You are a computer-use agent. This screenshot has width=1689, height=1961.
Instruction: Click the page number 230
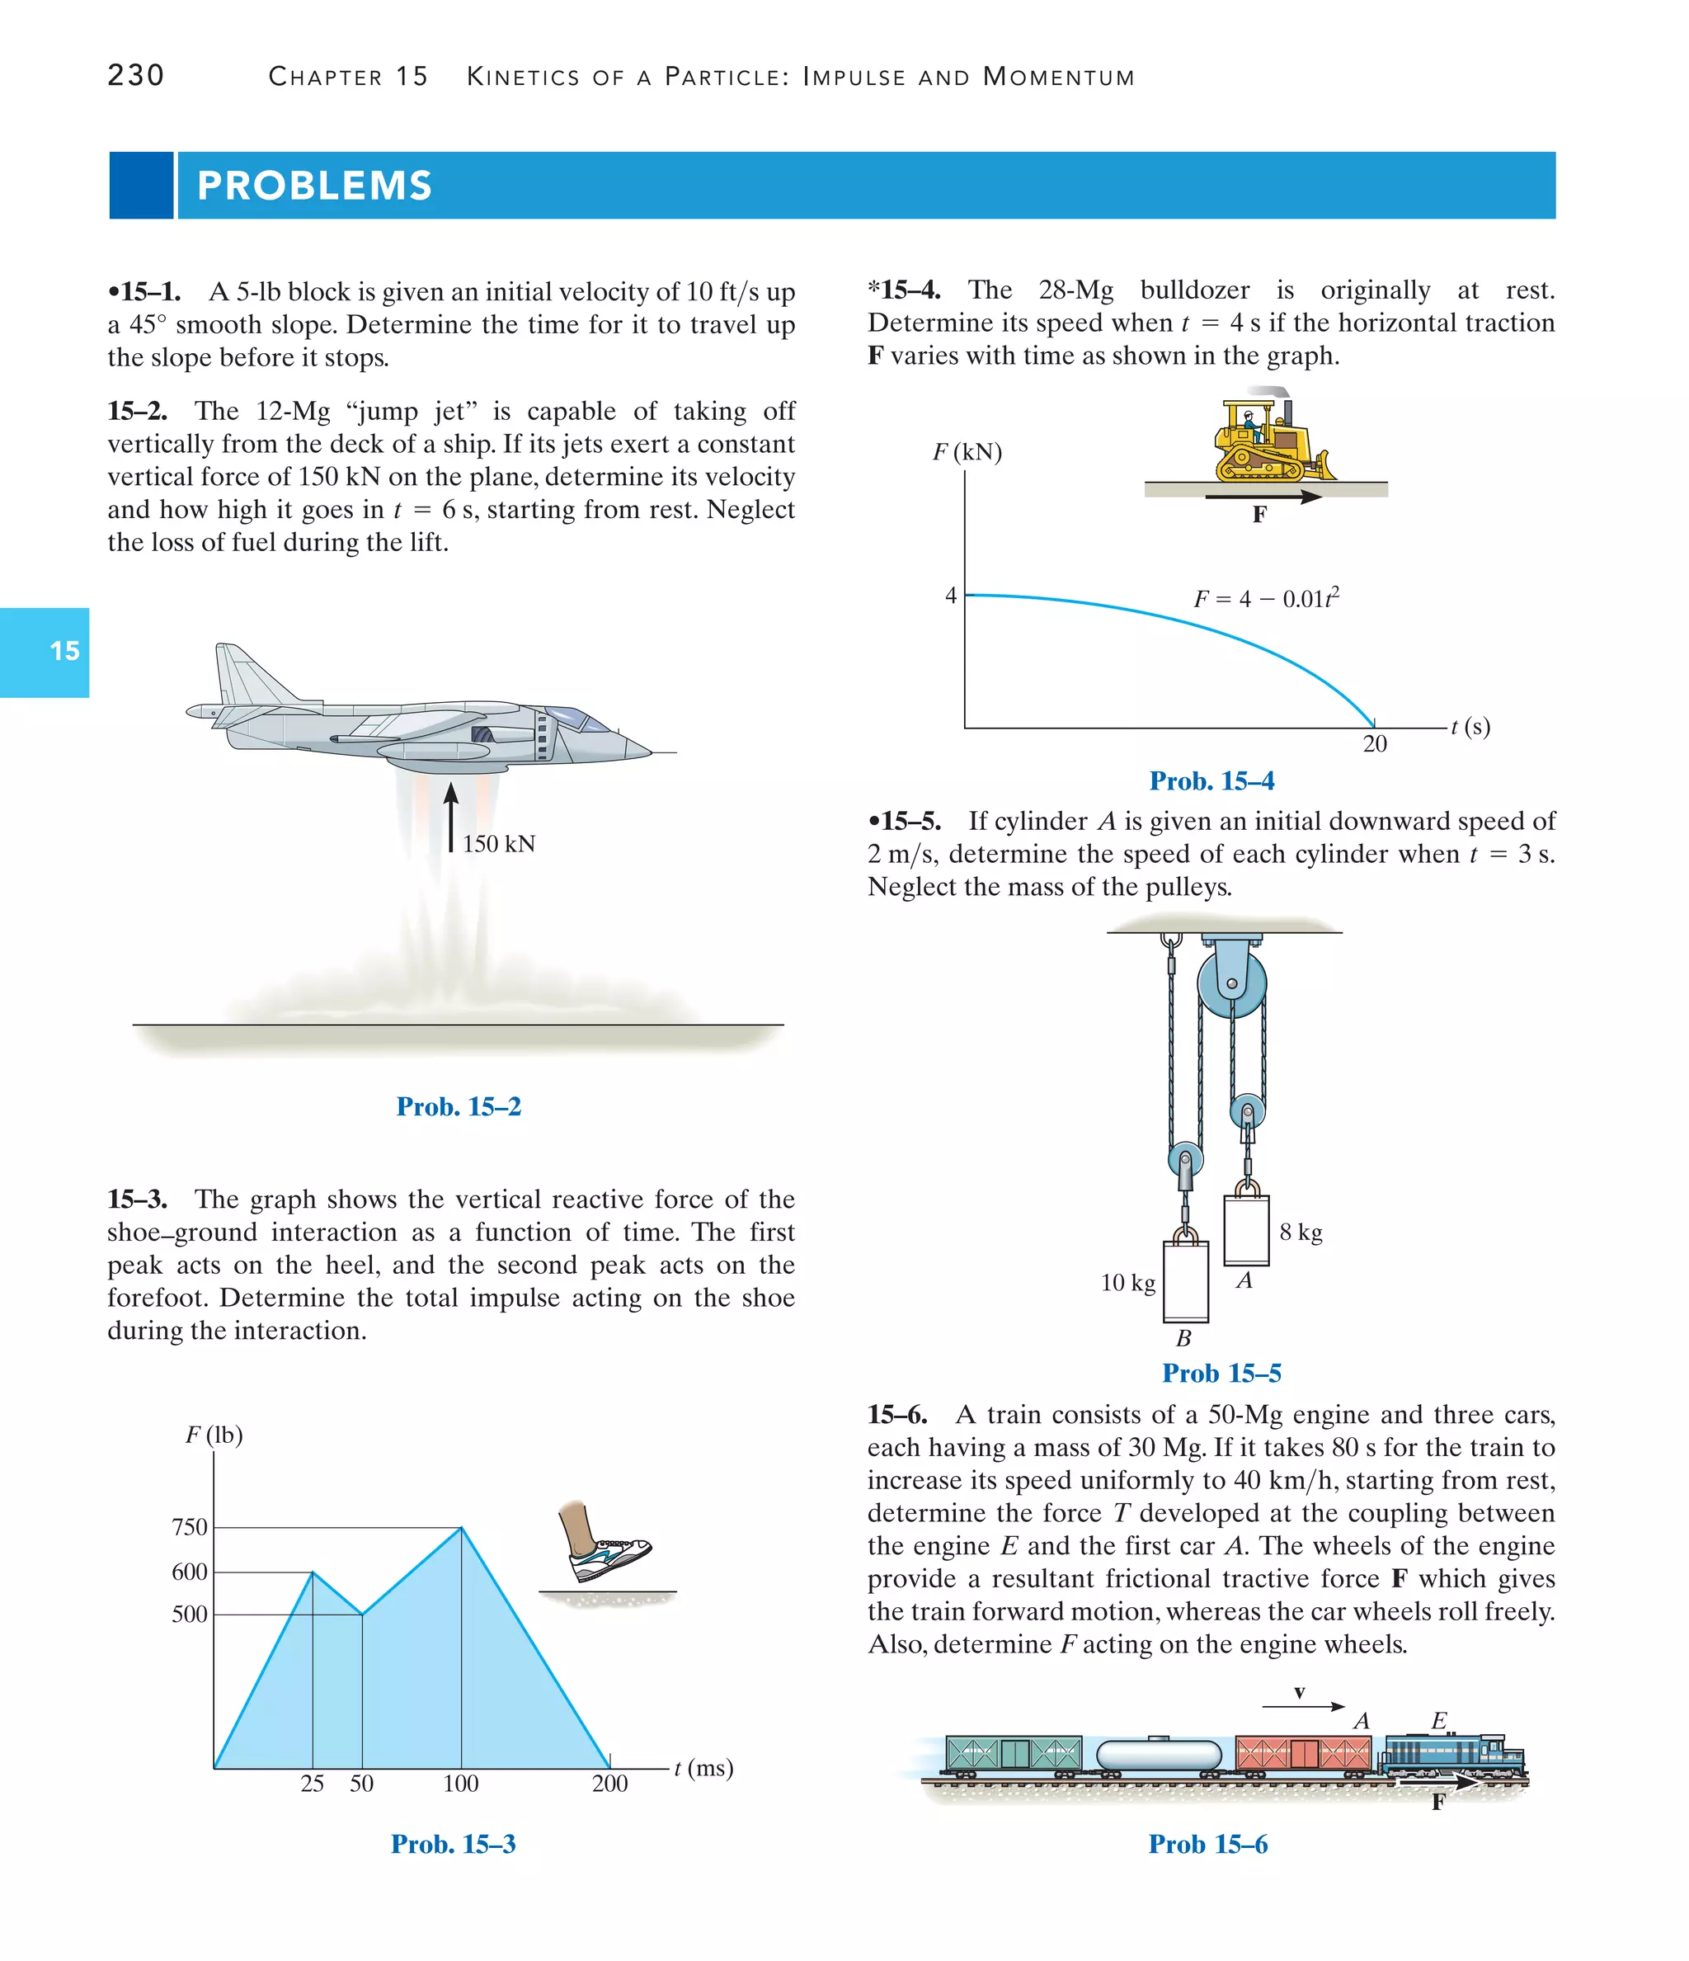coord(135,75)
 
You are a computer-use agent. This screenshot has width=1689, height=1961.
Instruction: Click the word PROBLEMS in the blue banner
coord(314,186)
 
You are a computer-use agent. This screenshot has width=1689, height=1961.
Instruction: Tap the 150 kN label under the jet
coord(499,843)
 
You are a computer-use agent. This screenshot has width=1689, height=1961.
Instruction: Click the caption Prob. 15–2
coord(458,1106)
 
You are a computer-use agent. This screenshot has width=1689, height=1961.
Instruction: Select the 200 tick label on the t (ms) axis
coord(609,1783)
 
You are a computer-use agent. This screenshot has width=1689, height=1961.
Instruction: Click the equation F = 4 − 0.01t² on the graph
coord(1265,598)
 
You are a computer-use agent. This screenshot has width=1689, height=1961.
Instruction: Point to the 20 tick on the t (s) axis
coord(1374,744)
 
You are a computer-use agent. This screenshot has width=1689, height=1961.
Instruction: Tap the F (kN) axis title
coord(967,451)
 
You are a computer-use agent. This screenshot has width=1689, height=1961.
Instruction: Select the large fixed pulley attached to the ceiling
coord(1231,984)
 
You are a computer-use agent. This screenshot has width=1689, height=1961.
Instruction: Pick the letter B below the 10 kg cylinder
coord(1183,1338)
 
